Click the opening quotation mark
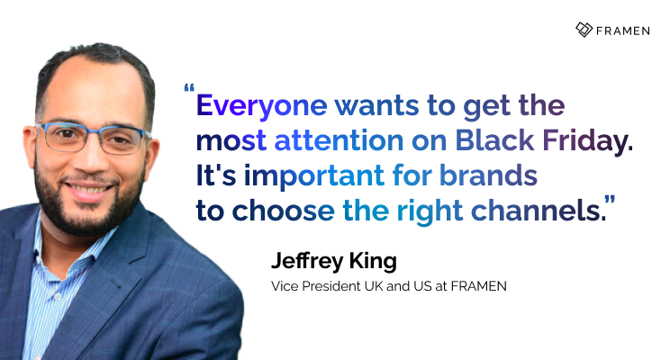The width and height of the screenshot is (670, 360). coord(188,90)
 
